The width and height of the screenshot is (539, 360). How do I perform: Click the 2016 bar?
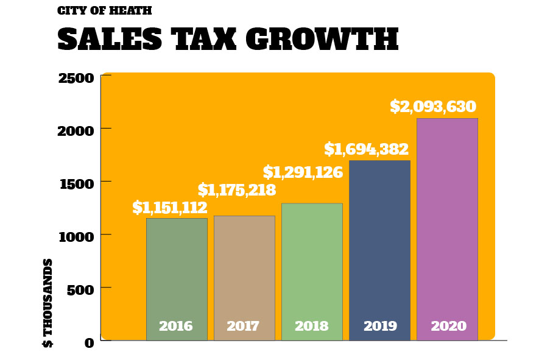[x=177, y=274]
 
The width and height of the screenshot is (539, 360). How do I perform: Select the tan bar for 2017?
[x=244, y=274]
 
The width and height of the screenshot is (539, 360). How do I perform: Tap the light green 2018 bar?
[x=312, y=268]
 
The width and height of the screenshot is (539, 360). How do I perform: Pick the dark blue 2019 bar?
[x=379, y=244]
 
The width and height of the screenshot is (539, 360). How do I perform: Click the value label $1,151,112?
[x=170, y=208]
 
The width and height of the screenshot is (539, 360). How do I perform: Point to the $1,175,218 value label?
[x=237, y=190]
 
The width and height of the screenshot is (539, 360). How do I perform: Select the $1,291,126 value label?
[x=303, y=172]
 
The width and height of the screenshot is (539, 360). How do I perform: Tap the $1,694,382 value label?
[x=366, y=149]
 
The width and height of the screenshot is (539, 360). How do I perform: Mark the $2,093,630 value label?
[x=433, y=107]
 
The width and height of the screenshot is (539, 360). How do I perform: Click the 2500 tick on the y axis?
[x=76, y=78]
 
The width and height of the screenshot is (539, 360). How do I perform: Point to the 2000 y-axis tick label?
[x=76, y=131]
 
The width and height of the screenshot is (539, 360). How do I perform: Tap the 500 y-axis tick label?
[x=81, y=289]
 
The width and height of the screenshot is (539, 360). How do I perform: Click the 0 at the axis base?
[x=90, y=343]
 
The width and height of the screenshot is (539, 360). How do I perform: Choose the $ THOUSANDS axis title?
[x=48, y=303]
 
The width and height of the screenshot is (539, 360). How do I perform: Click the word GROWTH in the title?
[x=322, y=40]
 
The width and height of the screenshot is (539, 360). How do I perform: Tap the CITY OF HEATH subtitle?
[x=104, y=10]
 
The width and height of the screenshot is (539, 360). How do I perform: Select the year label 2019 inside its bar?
[x=380, y=326]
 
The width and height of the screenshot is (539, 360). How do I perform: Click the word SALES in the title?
[x=110, y=40]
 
